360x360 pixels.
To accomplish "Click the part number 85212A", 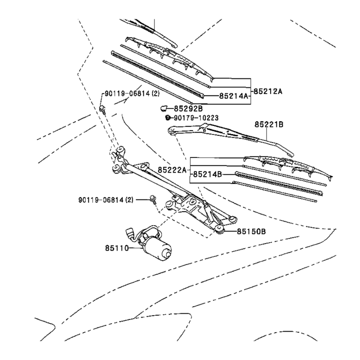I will tap(268, 91).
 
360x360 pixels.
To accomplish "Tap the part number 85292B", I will tap(188, 108).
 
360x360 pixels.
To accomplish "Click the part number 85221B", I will tap(269, 125).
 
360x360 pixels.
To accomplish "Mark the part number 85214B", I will tap(207, 174).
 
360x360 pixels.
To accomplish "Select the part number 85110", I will tap(117, 248).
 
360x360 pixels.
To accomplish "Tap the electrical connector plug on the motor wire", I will tap(130, 233).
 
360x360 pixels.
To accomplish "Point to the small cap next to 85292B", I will tap(163, 108).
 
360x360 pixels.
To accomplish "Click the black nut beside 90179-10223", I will tap(167, 117).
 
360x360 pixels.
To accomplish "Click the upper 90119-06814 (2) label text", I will tap(132, 93).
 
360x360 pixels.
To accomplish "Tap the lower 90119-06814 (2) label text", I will tap(106, 199).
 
